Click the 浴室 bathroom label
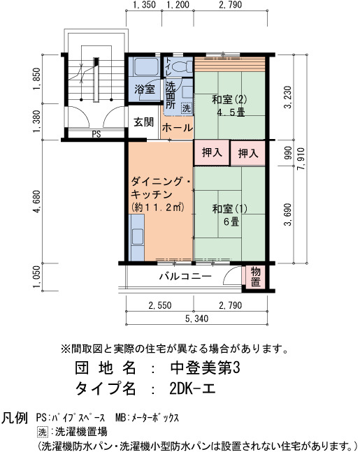coord(145,89)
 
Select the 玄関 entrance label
coord(144,122)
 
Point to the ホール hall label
coord(177,127)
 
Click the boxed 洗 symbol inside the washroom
coord(187,108)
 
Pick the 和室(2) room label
coord(229,100)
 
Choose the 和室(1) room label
coord(229,208)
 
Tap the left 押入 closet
coord(212,152)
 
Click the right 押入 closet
coord(248,153)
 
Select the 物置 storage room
coord(255,276)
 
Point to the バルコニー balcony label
coord(186,277)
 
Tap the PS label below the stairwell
coord(96,134)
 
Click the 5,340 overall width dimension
coord(196,319)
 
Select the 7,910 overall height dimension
coord(301,159)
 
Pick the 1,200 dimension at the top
coord(178,5)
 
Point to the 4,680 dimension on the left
coord(37,201)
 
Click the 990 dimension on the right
coord(288,154)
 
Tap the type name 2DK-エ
coord(192,389)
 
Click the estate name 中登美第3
coord(205,368)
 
